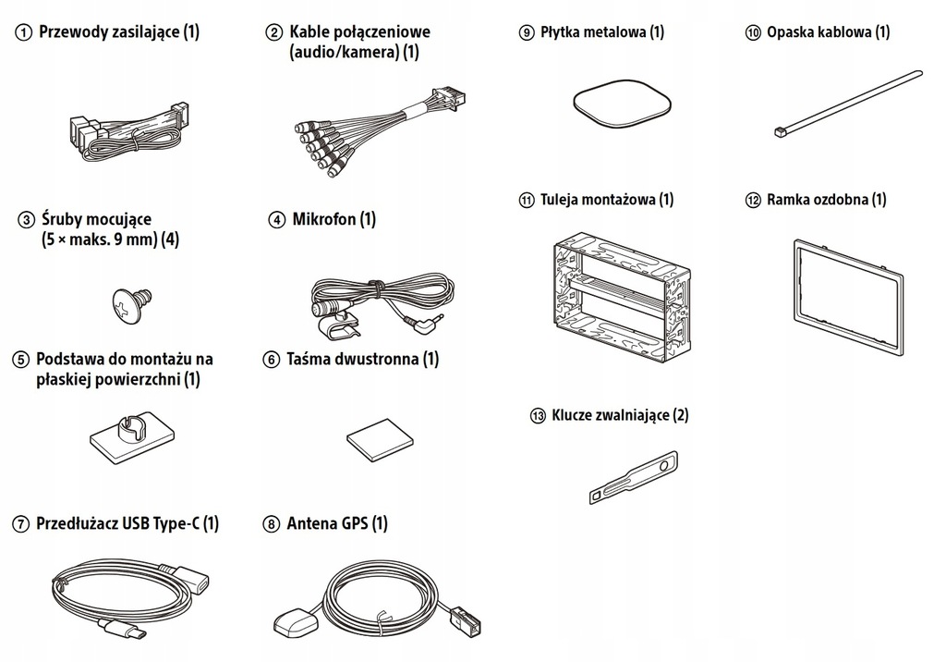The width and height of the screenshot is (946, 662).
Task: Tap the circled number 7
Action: click(20, 524)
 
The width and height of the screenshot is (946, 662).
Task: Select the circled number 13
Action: click(538, 416)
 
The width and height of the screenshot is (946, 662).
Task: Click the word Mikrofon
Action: click(322, 220)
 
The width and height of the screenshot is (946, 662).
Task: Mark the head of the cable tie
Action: click(779, 134)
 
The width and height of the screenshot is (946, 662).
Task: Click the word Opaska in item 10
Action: click(793, 32)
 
